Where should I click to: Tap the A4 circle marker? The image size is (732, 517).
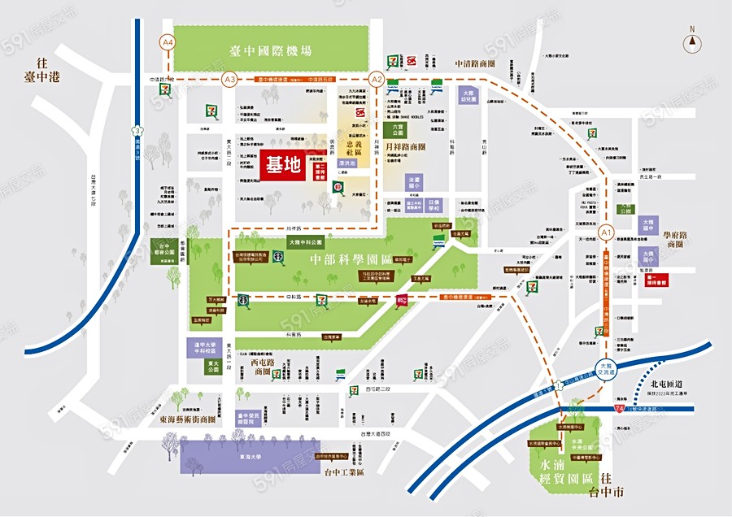pyautogui.click(x=168, y=41)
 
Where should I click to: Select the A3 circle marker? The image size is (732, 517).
pyautogui.click(x=230, y=79)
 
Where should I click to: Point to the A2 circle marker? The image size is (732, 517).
pyautogui.click(x=376, y=79)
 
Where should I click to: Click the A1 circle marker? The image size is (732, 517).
pyautogui.click(x=605, y=233)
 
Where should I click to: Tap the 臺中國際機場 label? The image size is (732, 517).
pyautogui.click(x=271, y=50)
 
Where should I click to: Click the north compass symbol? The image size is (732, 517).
pyautogui.click(x=693, y=41)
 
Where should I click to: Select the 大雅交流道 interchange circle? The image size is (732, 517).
pyautogui.click(x=606, y=367)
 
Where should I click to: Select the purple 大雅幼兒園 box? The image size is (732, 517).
pyautogui.click(x=468, y=95)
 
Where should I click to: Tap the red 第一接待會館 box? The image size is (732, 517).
pyautogui.click(x=656, y=279)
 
